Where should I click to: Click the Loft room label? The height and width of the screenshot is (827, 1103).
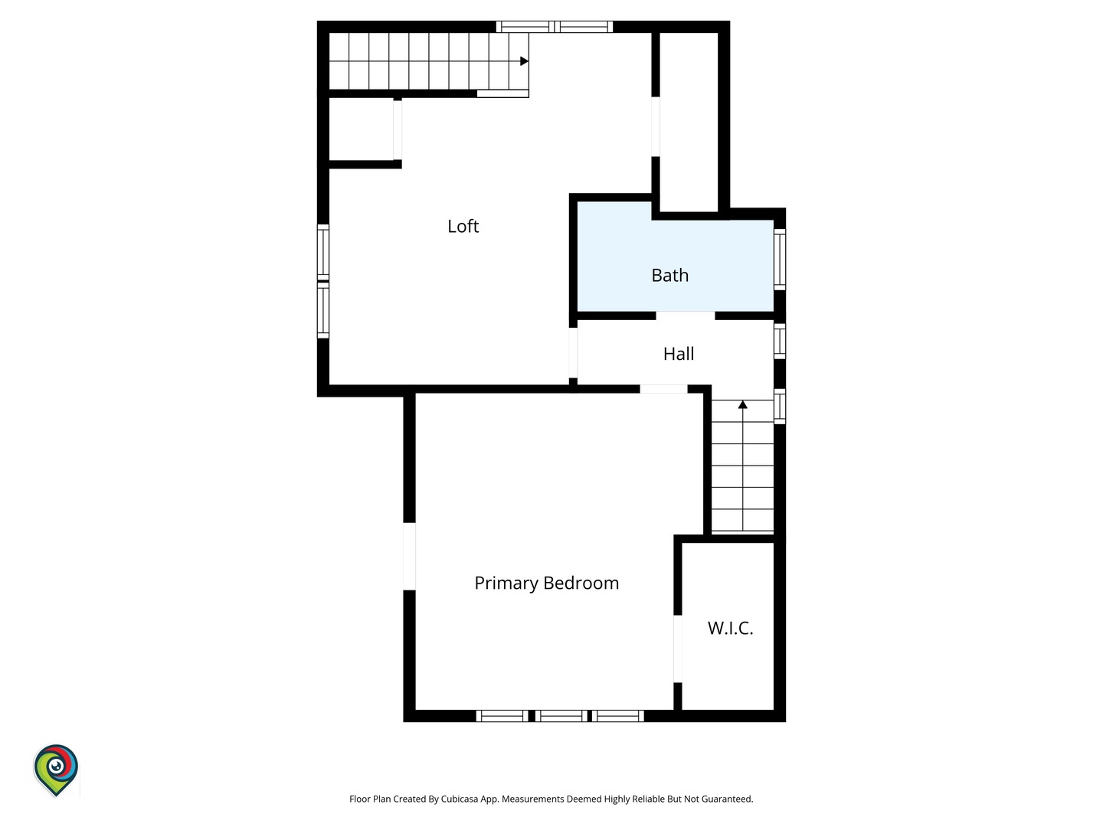coord(463,226)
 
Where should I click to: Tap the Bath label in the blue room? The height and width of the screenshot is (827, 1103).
coord(669,275)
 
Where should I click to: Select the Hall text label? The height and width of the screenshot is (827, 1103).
coord(679,354)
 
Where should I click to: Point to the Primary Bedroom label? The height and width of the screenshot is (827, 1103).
coord(547,583)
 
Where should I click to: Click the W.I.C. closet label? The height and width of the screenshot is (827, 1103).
coord(730,628)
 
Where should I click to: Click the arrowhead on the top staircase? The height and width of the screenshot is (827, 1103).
coord(524,61)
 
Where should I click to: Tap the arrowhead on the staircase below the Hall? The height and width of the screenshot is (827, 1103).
coord(743,404)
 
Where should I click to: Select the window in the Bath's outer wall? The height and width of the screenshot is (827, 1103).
coord(780,260)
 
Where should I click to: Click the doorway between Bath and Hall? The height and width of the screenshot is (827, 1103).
coord(686,315)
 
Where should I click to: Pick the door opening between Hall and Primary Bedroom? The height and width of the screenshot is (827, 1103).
coord(663,389)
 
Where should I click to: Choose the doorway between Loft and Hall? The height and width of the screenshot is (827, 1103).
coord(573,352)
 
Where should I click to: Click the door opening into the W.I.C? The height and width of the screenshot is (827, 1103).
coord(677,649)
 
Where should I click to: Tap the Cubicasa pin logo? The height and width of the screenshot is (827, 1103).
coord(56,770)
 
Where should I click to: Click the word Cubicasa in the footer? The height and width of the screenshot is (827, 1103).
coord(460,799)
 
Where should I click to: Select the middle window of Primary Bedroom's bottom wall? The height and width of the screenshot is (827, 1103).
coord(561,716)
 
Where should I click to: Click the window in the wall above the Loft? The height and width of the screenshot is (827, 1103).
coord(555,27)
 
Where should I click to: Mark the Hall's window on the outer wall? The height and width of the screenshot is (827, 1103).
coord(780,342)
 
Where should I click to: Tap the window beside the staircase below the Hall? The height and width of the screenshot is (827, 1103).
coord(780,406)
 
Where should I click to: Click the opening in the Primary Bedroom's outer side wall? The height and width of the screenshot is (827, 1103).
coord(409,557)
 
